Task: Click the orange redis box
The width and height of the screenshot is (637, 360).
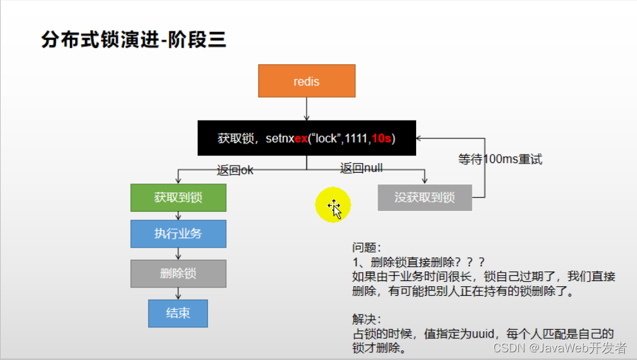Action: (x=306, y=81)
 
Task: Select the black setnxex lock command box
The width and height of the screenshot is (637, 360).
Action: (x=306, y=138)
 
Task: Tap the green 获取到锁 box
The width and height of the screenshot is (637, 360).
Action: (x=178, y=198)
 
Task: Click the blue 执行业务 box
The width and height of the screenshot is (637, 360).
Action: (x=178, y=234)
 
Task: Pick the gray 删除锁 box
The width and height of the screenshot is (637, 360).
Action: (x=178, y=273)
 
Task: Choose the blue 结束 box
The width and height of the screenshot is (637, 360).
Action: (x=178, y=313)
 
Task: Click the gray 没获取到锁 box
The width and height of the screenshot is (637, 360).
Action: (x=424, y=198)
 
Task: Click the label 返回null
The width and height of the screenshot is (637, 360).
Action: (x=361, y=168)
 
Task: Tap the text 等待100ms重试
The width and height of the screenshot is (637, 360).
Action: (x=500, y=159)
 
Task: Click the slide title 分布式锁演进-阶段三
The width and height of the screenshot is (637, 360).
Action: (x=134, y=40)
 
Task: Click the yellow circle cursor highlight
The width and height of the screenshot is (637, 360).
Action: (x=333, y=205)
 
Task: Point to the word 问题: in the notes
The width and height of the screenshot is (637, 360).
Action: (x=367, y=248)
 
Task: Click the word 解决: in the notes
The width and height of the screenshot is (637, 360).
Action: (x=367, y=319)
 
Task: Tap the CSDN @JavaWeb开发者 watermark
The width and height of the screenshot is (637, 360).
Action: (x=559, y=348)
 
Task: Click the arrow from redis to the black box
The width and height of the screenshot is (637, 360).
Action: (x=306, y=109)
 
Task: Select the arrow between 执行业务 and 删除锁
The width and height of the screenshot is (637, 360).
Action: (x=178, y=253)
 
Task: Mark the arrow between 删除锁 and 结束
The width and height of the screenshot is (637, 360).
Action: (x=178, y=293)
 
